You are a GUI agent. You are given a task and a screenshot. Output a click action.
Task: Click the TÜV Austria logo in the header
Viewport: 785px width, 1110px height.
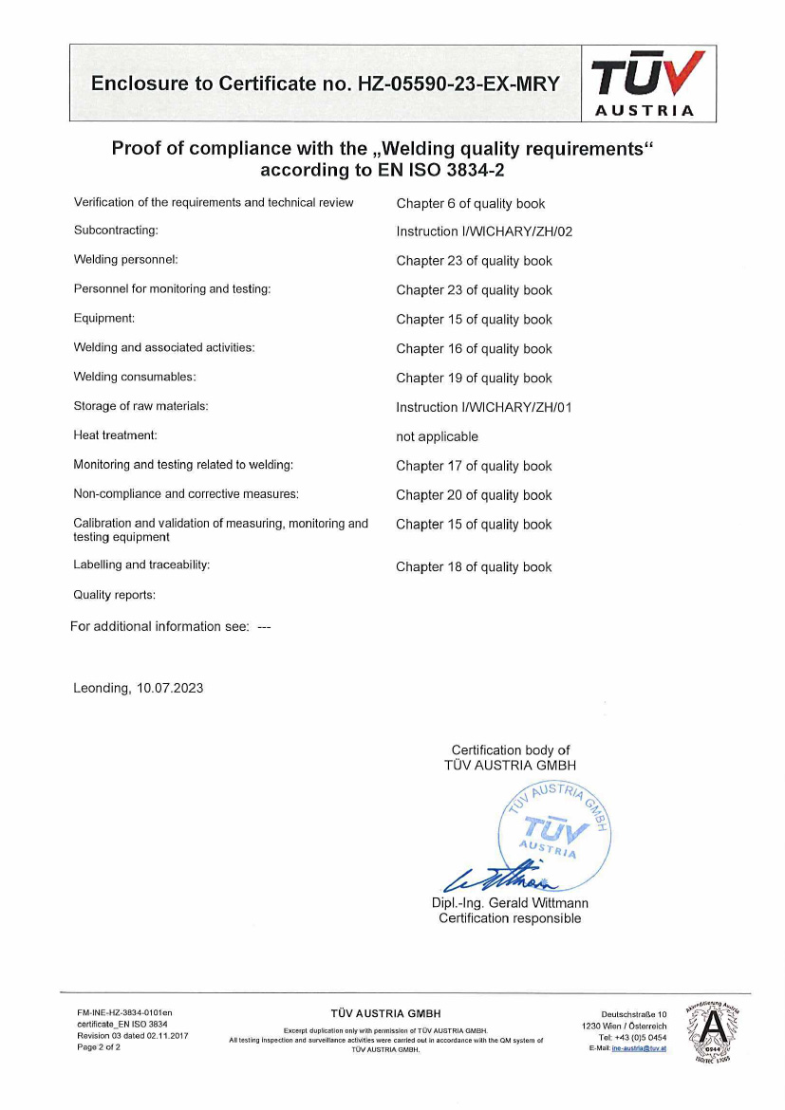tap(648, 83)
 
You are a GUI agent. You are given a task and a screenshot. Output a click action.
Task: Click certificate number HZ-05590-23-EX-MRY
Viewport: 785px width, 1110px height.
tap(458, 83)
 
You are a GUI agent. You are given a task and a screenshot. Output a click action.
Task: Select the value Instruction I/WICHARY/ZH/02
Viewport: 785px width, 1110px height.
tap(484, 231)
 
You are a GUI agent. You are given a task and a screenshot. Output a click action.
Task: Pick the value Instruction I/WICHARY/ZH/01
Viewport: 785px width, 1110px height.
tap(484, 407)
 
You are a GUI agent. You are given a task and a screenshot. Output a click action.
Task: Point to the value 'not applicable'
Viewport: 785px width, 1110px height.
tap(437, 436)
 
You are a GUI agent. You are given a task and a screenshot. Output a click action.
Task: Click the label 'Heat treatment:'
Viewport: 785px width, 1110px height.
tap(115, 435)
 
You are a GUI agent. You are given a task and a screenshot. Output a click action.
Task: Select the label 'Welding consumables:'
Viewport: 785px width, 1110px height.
tap(135, 377)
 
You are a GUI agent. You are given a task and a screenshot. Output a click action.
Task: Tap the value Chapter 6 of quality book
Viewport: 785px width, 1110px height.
tap(470, 203)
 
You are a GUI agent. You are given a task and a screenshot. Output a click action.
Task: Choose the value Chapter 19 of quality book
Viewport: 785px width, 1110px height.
tap(474, 378)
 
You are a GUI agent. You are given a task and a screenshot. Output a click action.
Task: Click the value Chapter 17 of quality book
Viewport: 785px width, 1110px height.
tap(474, 466)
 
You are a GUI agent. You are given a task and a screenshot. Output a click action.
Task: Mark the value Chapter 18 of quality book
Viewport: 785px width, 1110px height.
tap(474, 567)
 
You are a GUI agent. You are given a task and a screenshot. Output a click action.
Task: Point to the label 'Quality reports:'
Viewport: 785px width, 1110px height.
tap(114, 595)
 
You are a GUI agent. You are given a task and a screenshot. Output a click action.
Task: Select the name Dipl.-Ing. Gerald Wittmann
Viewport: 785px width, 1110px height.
tap(510, 903)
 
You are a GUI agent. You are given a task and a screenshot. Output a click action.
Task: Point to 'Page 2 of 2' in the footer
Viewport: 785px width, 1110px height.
tap(99, 1047)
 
